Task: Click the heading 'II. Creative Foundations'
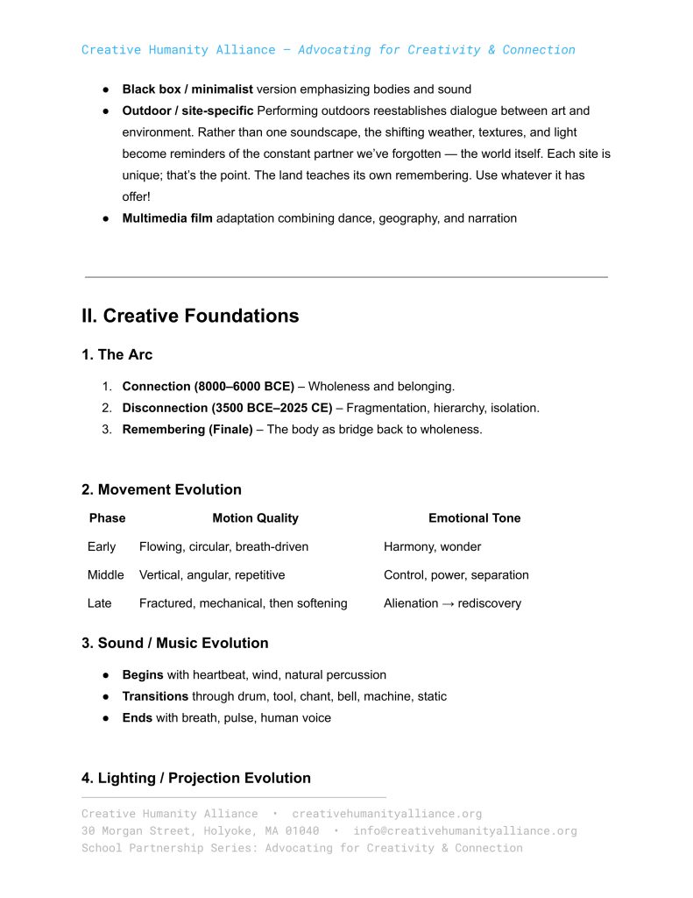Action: click(x=190, y=317)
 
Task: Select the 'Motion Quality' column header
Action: click(x=255, y=518)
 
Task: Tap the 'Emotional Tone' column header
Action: click(x=474, y=518)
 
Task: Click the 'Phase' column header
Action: click(x=107, y=518)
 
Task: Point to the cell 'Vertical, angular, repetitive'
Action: click(x=211, y=575)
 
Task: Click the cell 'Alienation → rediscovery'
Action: click(x=452, y=603)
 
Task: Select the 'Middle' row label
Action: click(x=105, y=575)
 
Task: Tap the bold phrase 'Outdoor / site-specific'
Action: click(x=187, y=111)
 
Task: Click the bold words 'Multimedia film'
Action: click(x=166, y=218)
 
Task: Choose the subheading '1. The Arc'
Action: click(x=117, y=355)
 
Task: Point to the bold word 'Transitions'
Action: click(x=155, y=696)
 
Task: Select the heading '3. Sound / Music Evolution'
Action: click(x=174, y=644)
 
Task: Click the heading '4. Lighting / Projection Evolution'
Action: click(x=195, y=779)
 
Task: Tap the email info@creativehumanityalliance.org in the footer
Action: click(x=464, y=831)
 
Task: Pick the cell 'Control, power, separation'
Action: click(x=456, y=575)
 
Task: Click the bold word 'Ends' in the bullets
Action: click(x=137, y=718)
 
